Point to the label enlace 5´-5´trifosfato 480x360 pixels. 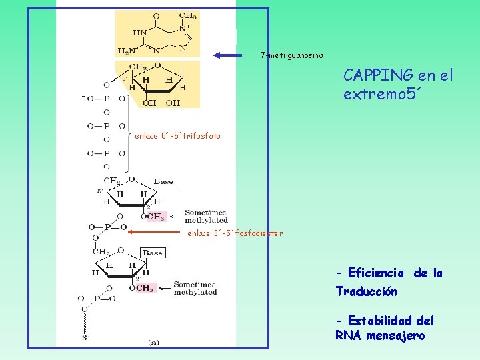[x=177, y=137]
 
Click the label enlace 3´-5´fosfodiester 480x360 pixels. [x=235, y=233]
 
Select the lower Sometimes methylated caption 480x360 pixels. [x=195, y=289]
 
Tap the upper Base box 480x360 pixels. [x=163, y=181]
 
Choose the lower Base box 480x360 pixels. [x=152, y=253]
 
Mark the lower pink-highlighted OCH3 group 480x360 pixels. [x=143, y=288]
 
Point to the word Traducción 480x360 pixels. [x=366, y=292]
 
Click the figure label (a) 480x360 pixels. [x=153, y=343]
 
